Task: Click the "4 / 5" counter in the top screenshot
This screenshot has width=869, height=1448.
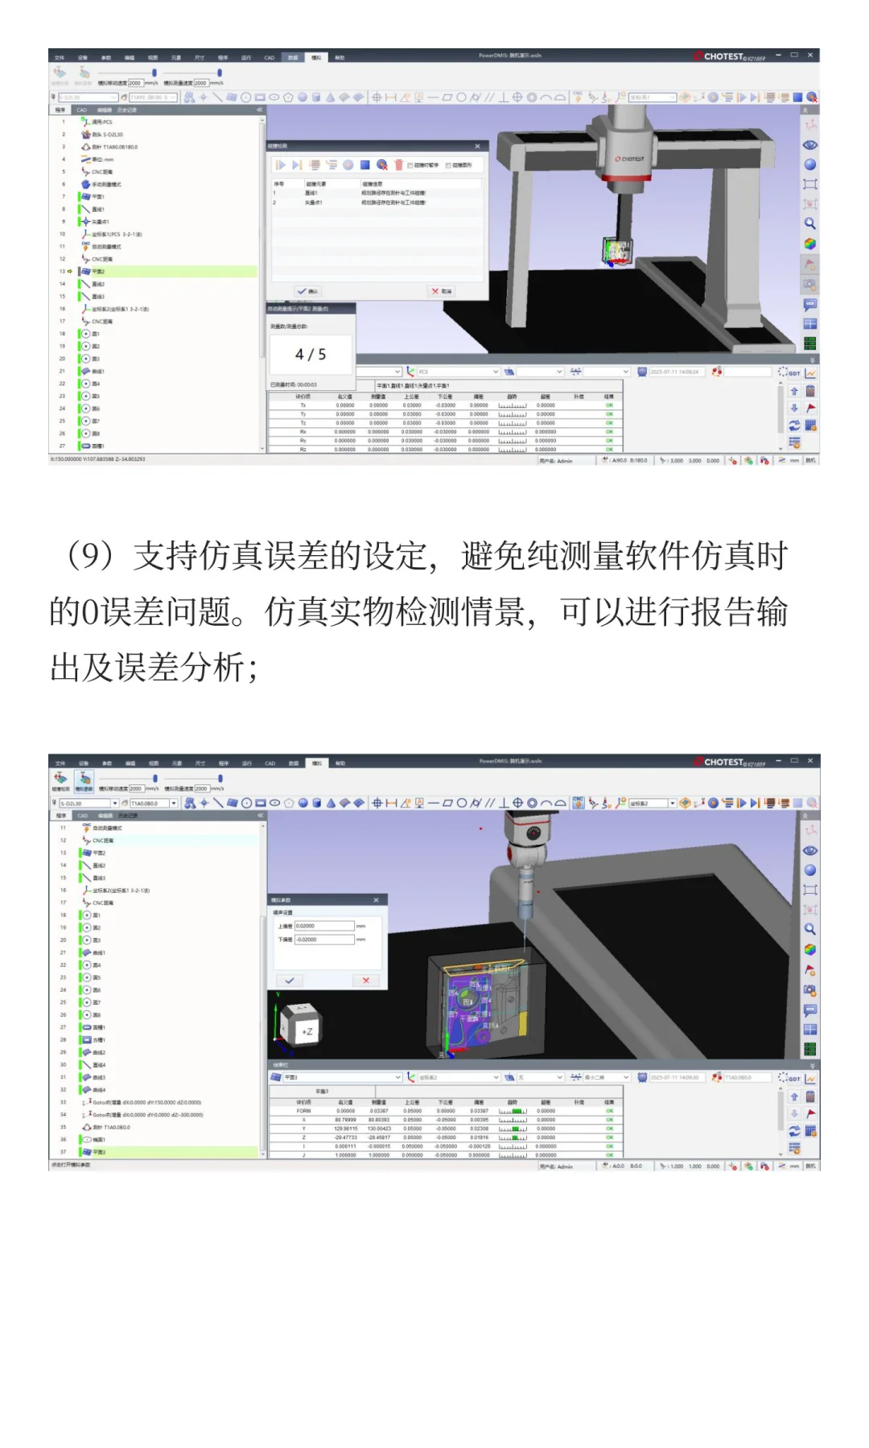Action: pos(311,355)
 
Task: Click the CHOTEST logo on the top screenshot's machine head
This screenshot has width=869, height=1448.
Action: pos(630,158)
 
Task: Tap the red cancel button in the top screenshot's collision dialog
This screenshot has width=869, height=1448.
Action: pos(441,291)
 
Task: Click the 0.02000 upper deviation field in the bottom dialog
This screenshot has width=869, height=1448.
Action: pos(323,926)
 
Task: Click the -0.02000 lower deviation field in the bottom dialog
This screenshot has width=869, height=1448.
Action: pos(323,940)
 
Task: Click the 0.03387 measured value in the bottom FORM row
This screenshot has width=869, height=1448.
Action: pos(378,1111)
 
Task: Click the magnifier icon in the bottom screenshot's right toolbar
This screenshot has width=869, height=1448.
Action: pos(810,929)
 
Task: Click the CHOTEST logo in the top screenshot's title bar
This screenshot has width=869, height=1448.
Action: pos(722,56)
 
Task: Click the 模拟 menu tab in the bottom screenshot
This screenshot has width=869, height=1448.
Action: pos(317,763)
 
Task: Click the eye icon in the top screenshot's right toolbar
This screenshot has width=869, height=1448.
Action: pos(810,145)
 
